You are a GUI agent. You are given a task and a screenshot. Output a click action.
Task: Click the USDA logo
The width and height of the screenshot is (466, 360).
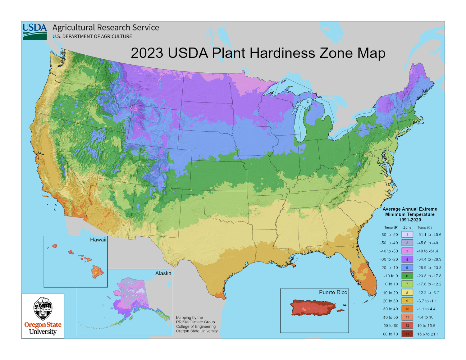point(34,31)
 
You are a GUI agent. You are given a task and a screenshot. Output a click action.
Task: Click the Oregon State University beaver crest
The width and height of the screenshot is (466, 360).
point(43,309)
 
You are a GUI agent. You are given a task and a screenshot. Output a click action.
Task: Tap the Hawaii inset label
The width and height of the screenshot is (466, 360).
point(98,240)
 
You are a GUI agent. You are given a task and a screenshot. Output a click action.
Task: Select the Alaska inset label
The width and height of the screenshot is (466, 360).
point(163,273)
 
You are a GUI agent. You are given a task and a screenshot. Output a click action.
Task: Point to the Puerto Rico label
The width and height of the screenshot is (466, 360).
point(333,292)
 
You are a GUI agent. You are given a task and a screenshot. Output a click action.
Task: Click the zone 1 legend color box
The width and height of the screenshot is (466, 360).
point(407,235)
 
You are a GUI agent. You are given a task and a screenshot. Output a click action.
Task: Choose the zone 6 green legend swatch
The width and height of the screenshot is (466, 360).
point(407,276)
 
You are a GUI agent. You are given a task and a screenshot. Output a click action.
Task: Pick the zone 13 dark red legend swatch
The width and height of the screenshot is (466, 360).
point(407,334)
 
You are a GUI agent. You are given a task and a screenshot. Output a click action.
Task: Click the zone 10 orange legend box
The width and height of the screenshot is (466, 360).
point(407,309)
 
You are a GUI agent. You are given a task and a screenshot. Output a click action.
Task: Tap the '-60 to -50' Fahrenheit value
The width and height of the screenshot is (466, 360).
point(389,235)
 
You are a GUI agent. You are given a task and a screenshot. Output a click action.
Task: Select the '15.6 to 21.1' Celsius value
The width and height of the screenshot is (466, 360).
point(428,334)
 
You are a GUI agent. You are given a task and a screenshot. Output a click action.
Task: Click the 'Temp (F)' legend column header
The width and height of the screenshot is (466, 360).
point(391,227)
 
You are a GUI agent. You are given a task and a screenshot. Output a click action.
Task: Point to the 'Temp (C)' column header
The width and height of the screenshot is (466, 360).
point(424,227)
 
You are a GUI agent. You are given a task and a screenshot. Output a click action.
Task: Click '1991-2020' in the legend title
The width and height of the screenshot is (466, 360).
point(410,220)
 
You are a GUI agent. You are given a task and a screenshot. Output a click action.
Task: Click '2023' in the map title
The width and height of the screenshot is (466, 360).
point(147,53)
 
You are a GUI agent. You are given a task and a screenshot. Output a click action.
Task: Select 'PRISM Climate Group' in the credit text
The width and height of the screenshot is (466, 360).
point(195,322)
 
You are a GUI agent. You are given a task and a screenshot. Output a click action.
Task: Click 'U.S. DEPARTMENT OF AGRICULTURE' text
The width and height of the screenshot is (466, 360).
point(92,36)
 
